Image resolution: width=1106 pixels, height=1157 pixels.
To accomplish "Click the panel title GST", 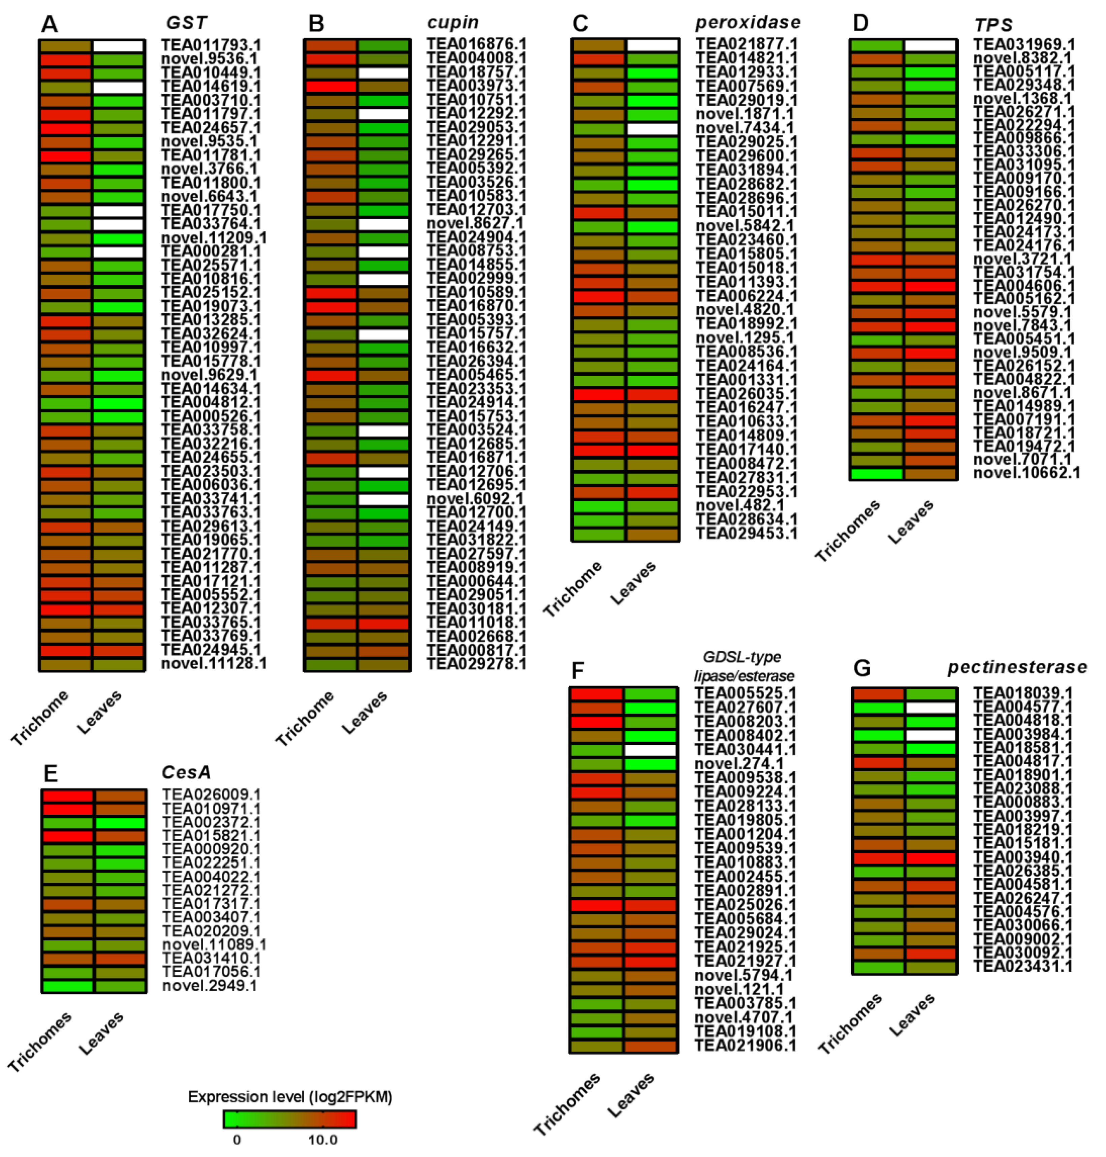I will click(186, 23).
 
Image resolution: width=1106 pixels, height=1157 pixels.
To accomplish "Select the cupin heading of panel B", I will click(453, 23).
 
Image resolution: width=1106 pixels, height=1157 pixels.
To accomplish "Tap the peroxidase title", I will click(748, 23).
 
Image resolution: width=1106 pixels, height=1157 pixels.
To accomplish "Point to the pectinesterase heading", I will click(1017, 667).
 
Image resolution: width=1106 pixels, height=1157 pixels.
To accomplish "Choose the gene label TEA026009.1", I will click(211, 795).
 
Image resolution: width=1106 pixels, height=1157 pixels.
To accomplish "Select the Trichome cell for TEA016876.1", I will click(330, 45).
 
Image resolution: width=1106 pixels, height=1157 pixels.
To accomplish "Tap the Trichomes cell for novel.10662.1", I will click(876, 473).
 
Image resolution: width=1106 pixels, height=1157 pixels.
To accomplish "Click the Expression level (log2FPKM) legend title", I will click(289, 1097).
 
